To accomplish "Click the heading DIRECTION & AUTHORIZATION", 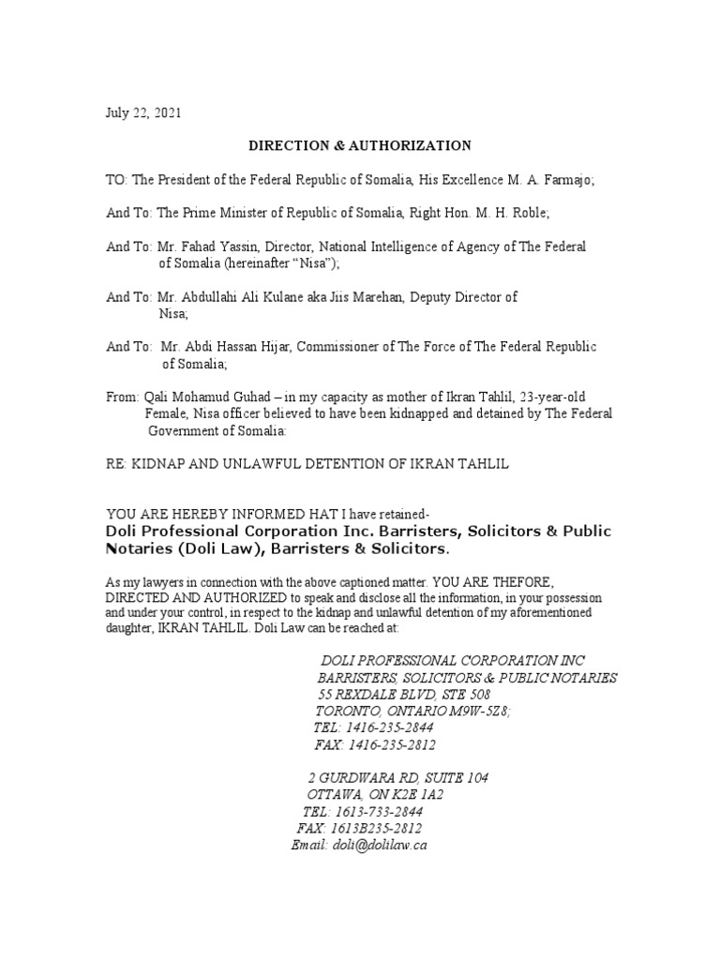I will (359, 145).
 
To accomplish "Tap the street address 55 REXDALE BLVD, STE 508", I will (403, 694).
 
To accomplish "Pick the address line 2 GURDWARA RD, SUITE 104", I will (397, 778).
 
